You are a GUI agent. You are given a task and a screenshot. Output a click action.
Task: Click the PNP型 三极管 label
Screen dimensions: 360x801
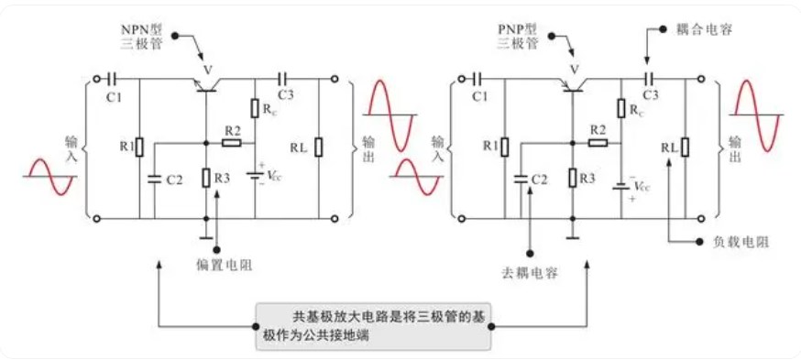point(517,36)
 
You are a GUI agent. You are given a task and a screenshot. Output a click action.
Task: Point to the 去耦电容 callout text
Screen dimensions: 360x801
point(530,273)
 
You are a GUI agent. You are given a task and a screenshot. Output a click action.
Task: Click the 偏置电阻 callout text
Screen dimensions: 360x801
point(224,267)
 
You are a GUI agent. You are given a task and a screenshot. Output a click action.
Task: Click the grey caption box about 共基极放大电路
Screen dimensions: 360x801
point(376,324)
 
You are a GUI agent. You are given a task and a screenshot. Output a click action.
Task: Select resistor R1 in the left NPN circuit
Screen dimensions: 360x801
point(139,146)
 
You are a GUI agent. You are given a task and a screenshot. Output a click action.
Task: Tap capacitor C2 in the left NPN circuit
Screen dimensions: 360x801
point(154,179)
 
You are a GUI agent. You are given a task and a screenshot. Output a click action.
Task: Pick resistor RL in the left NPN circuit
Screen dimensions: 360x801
point(319,147)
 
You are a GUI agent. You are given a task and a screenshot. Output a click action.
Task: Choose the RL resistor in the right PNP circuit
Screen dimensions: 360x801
point(685,147)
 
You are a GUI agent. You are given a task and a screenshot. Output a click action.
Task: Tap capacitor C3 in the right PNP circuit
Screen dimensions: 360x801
point(650,80)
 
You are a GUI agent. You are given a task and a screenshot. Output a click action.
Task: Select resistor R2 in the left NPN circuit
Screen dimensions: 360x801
point(232,143)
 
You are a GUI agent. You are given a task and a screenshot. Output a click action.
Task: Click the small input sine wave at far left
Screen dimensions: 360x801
point(49,177)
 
